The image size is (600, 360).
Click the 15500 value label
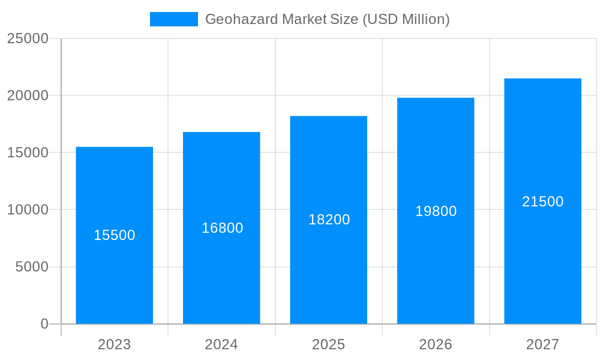coord(115,235)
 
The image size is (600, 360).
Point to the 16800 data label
coord(222,228)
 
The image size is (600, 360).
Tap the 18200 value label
coord(329,220)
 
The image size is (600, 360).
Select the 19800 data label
coord(436,211)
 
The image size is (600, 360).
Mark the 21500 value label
coord(542,202)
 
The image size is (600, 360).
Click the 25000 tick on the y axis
coord(28,38)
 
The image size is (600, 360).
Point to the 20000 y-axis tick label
coord(28,95)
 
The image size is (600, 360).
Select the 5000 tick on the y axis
coord(32,267)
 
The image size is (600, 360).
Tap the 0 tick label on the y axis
coord(44,324)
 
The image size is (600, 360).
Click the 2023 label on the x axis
coord(114,344)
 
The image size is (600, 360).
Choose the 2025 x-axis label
coord(328,344)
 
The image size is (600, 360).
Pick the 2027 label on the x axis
coord(542,344)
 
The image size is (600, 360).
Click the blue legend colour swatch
coord(173,19)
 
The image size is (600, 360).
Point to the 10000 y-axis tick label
coord(28,210)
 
